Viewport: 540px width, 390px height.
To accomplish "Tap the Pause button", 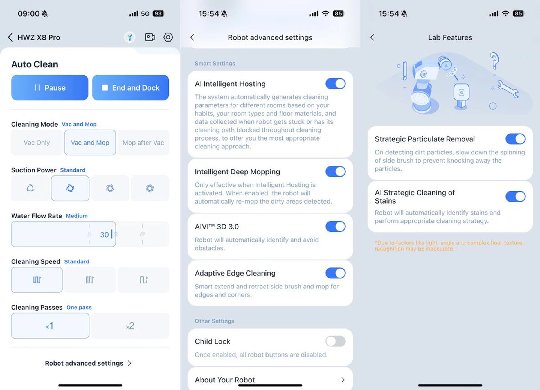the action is [x=49, y=87].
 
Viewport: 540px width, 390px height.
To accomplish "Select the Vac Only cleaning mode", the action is [x=37, y=143].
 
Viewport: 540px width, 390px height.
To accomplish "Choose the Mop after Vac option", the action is [x=143, y=143].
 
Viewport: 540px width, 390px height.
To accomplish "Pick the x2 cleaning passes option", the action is [x=130, y=326].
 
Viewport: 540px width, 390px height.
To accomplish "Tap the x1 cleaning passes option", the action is [x=50, y=326].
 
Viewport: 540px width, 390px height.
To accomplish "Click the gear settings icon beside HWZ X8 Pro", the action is [x=168, y=37].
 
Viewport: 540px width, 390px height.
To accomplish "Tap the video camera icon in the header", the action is [x=150, y=37].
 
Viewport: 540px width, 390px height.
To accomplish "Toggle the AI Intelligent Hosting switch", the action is [x=335, y=84].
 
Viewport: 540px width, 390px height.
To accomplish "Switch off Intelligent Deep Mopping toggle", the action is [x=335, y=172].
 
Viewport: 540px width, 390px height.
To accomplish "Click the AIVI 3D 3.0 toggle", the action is [x=335, y=226].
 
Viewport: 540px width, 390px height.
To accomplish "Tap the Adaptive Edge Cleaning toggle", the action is [x=335, y=273].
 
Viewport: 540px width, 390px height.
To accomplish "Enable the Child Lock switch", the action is [x=335, y=341].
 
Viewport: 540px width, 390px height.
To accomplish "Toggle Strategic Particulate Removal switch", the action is [x=515, y=139].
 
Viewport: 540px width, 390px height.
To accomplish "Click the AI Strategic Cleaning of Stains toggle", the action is [x=515, y=197].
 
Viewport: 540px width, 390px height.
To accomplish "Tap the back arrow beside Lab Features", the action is [x=372, y=37].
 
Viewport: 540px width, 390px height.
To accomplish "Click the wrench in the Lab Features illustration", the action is [x=508, y=89].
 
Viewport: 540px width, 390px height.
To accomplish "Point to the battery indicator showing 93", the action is [x=158, y=13].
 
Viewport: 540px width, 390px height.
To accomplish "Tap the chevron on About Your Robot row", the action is [x=343, y=380].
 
